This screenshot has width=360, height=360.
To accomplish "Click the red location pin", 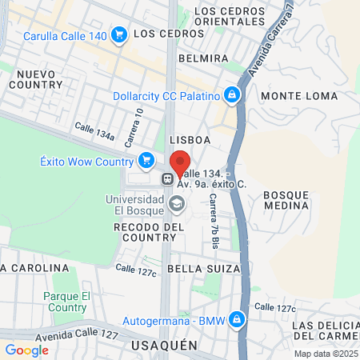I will pos(179,165).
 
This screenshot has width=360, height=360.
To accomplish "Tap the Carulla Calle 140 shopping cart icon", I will pos(119,34).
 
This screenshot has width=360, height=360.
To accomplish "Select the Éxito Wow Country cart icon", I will pos(146,161).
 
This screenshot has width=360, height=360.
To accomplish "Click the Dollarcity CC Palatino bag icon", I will pos(232,95).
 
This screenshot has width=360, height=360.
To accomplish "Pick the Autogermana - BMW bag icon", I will pos(236,321).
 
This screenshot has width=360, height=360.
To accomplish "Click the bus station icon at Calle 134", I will pos(169,179).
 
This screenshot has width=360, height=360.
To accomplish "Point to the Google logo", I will pos(27,350).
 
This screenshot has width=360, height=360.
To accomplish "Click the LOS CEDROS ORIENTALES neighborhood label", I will pos(228,17).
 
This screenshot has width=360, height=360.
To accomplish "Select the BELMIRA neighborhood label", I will pos(204,58).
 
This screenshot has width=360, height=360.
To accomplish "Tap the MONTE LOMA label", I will pos(290,96).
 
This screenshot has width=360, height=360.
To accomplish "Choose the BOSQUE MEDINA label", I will pos(286,200).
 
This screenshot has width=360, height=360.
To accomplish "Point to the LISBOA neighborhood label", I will pos(190,139).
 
